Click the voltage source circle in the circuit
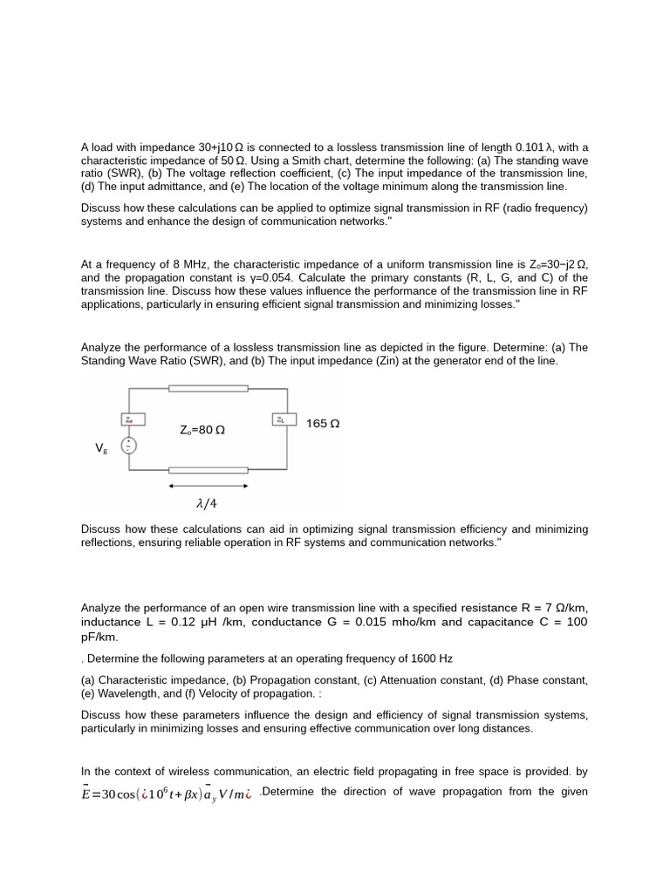[x=129, y=446]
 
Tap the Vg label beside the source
[x=102, y=447]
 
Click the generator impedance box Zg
[x=129, y=419]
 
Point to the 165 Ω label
[x=323, y=424]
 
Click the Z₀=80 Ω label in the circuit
[x=202, y=430]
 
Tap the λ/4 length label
[x=207, y=503]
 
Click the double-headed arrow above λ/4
[x=208, y=485]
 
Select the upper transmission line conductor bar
[x=208, y=388]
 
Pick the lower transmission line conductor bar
[x=208, y=470]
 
